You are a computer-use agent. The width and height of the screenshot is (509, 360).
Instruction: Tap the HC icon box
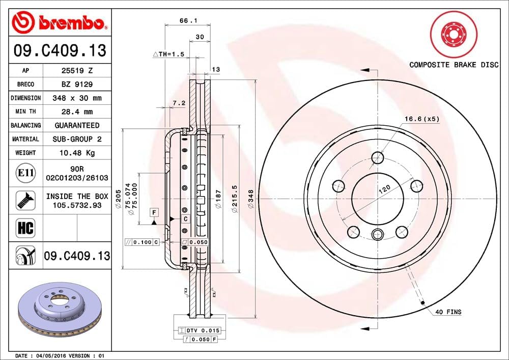point(25,228)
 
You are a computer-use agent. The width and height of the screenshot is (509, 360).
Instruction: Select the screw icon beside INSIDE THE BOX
point(25,200)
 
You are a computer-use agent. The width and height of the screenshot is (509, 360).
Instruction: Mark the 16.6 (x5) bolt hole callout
point(421,119)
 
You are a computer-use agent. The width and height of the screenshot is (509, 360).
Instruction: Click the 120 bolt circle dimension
point(384,189)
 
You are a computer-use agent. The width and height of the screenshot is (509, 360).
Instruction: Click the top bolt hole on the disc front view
point(377,158)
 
